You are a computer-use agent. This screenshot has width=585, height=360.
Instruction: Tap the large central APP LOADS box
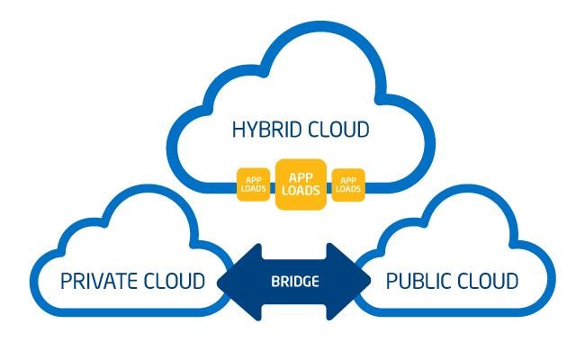click(x=301, y=184)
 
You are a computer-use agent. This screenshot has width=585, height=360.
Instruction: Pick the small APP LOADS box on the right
click(x=348, y=184)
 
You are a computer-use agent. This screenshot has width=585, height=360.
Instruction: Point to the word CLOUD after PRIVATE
click(x=177, y=281)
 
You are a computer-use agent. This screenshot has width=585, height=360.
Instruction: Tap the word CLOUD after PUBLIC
click(x=490, y=281)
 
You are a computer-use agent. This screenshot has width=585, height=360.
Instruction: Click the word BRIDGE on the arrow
click(x=294, y=282)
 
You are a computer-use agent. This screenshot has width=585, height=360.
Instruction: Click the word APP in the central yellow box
click(x=301, y=178)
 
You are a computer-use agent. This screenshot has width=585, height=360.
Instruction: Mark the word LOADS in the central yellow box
click(x=301, y=191)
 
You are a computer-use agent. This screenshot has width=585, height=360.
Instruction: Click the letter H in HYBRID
click(x=238, y=130)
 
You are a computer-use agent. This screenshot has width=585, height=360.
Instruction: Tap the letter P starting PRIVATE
click(x=66, y=281)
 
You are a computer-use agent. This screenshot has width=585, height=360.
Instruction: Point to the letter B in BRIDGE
click(x=274, y=282)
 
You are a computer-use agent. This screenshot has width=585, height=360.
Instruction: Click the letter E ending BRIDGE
click(x=315, y=282)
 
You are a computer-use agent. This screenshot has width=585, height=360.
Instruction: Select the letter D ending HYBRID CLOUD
click(x=363, y=130)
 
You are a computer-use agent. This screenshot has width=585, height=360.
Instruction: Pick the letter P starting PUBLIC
click(x=391, y=281)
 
